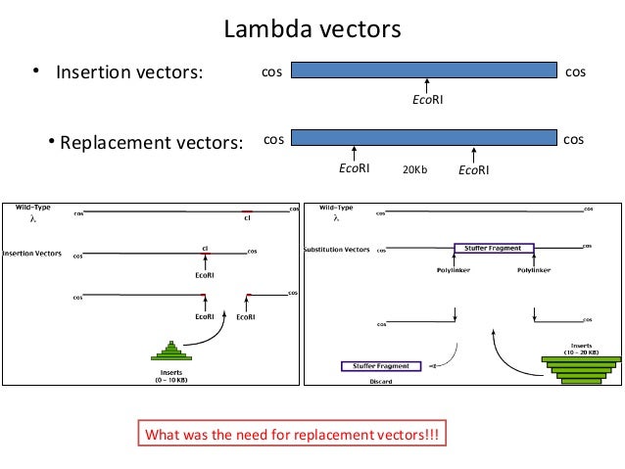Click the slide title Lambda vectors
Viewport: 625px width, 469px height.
tap(312, 29)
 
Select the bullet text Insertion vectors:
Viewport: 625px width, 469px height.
tap(127, 72)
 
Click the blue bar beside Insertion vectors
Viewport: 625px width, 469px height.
tap(424, 71)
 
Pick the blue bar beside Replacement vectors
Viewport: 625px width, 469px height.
tap(424, 138)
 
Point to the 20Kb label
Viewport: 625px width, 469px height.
tap(414, 169)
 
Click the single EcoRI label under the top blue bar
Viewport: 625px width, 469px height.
tap(425, 100)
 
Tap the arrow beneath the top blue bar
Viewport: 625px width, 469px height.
tap(425, 86)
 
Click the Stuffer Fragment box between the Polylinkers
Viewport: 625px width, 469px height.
tap(493, 249)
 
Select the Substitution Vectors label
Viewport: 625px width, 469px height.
tap(338, 250)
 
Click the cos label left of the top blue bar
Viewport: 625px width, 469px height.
tap(269, 71)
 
